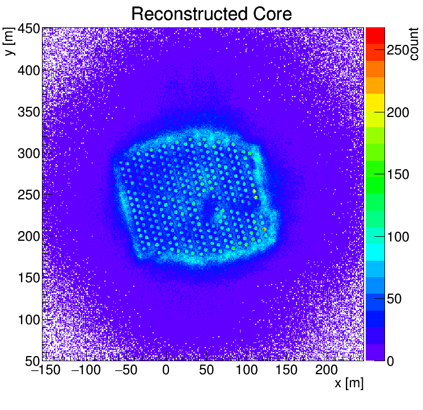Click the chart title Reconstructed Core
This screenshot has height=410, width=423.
tap(211, 14)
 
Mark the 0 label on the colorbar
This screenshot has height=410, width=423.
tap(391, 361)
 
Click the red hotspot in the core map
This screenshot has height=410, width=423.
tap(264, 229)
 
